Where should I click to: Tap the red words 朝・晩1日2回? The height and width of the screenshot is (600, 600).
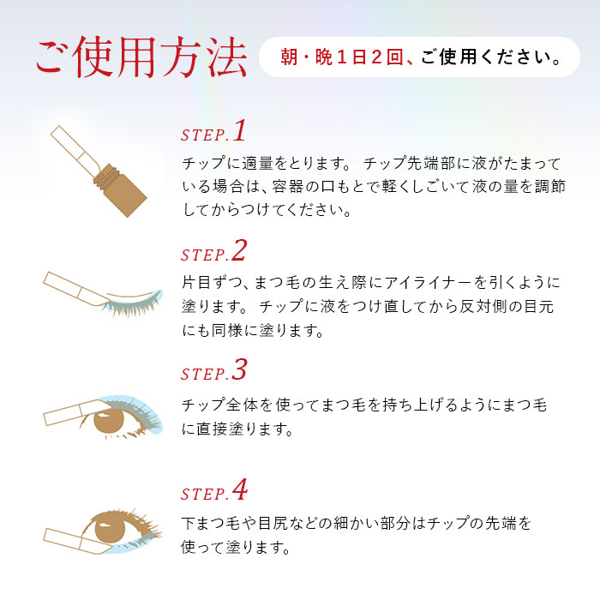pos(343,58)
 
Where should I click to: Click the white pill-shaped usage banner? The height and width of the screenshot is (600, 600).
pos(419,57)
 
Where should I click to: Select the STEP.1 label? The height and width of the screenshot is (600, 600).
pos(213,133)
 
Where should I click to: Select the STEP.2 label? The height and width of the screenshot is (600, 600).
pos(213,253)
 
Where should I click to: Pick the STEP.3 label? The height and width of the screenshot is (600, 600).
pos(213,372)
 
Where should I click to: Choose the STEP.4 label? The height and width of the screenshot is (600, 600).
pos(213,493)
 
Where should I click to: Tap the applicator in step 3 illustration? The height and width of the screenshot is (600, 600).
pos(69,413)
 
